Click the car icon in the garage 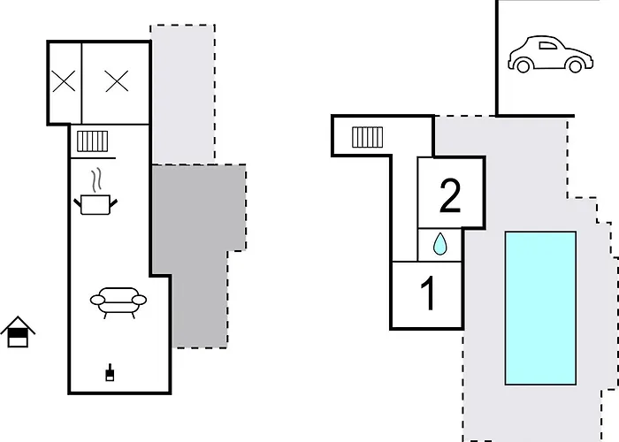point(550,54)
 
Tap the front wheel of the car point(575,66)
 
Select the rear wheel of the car point(523,66)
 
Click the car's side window point(548,45)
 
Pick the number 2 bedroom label point(450,195)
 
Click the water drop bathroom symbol point(439,244)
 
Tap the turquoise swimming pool point(540,309)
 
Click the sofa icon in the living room point(118,302)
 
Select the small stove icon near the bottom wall point(110,373)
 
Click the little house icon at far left point(18,331)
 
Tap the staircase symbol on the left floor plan point(92,141)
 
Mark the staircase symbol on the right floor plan point(367,137)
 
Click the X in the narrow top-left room point(64,81)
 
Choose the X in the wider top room point(117,81)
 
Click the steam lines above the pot point(96,180)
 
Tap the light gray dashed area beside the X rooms point(183,95)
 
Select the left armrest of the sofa point(97,301)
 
